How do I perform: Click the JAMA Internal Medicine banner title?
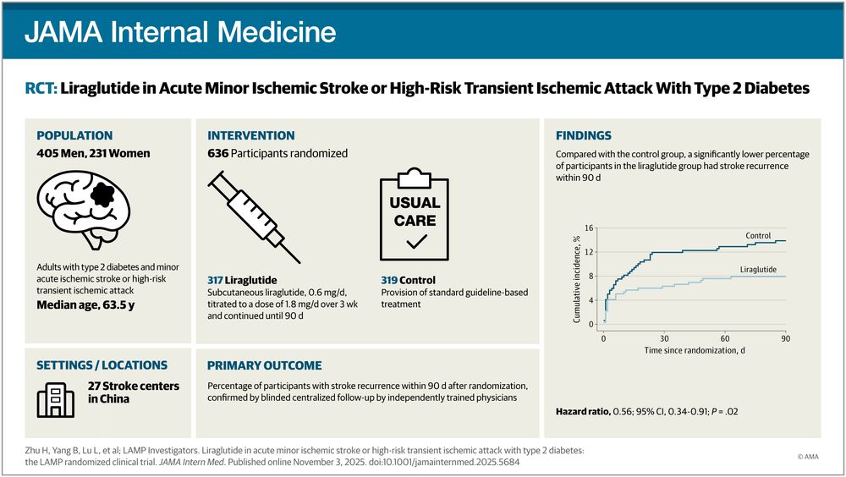(180, 32)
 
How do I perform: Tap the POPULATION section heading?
(74, 135)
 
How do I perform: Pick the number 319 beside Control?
(390, 280)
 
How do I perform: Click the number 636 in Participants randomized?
(218, 154)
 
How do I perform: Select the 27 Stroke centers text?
(134, 386)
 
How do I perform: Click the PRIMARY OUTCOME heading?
(265, 365)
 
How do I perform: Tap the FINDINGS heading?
(584, 135)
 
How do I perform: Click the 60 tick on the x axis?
(725, 337)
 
